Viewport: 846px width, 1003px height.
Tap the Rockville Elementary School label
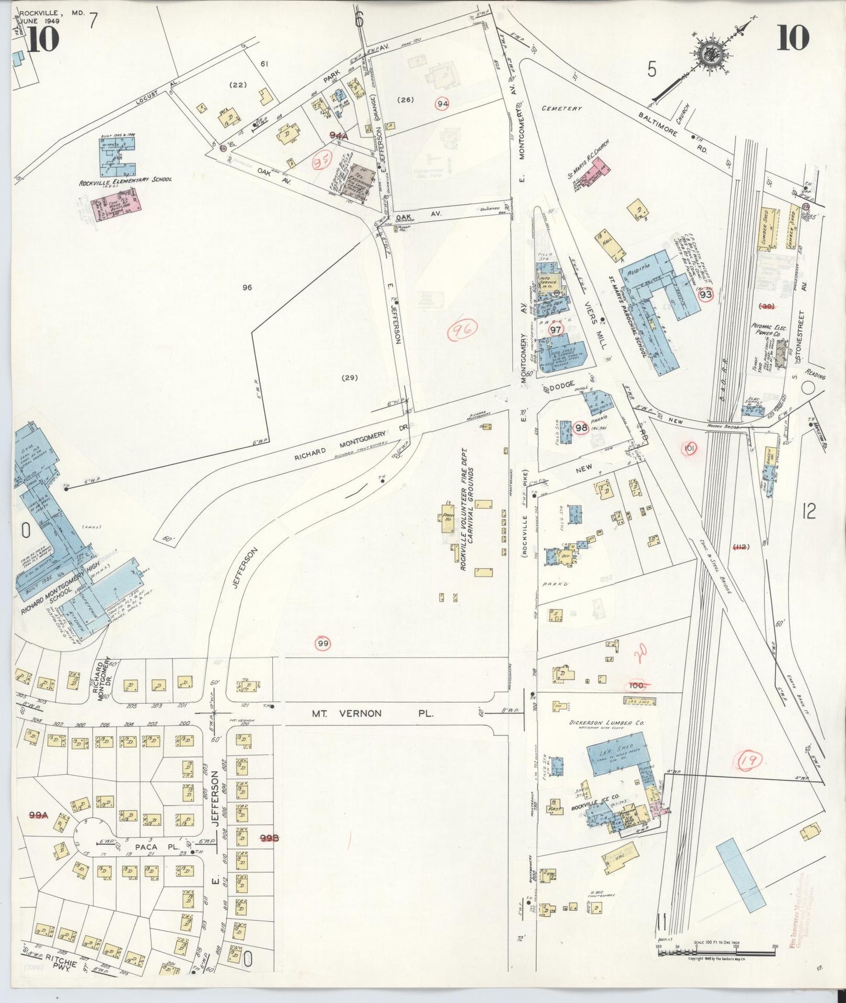[125, 181]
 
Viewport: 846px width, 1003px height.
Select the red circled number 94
[443, 104]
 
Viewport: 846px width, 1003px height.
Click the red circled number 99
[323, 644]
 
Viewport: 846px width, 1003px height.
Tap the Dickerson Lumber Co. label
[607, 723]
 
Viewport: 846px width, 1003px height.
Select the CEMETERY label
[561, 108]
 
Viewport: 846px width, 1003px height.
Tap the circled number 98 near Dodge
[581, 428]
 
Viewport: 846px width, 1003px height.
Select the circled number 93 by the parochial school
[705, 295]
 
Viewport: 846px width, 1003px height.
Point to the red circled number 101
[690, 449]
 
